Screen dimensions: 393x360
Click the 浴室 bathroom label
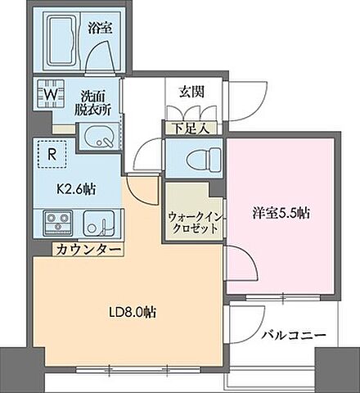101,27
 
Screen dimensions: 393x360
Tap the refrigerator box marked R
52,151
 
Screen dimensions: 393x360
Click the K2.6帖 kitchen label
76,189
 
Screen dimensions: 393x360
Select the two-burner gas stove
57,221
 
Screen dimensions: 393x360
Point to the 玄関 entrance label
181,89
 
